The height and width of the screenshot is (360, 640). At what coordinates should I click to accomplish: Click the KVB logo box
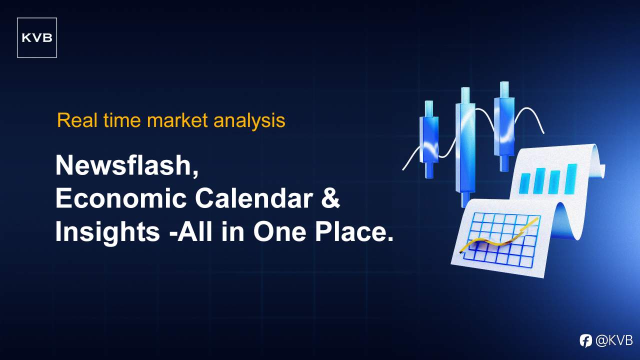[x=37, y=37]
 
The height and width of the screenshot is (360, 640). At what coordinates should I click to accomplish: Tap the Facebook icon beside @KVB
[x=585, y=341]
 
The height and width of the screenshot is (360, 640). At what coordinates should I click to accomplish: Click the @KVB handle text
[x=614, y=340]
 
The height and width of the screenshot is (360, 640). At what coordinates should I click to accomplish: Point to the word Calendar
[x=254, y=198]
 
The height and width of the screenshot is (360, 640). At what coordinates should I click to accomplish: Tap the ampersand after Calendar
[x=330, y=198]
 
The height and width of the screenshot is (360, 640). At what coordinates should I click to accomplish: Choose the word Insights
[x=107, y=231]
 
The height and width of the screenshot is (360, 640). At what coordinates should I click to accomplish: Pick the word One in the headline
[x=279, y=231]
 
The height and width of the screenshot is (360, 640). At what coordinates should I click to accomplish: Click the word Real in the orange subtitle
[x=77, y=120]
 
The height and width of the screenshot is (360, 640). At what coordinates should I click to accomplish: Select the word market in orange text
[x=177, y=120]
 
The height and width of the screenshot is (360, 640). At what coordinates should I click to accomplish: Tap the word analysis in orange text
[x=249, y=121]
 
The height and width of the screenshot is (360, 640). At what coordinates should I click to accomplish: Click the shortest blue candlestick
[x=429, y=139]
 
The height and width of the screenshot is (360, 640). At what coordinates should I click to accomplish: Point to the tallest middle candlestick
[x=465, y=147]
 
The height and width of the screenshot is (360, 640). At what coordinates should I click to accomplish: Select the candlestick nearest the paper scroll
[x=504, y=126]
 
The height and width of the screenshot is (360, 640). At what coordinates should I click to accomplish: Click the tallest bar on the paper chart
[x=571, y=179]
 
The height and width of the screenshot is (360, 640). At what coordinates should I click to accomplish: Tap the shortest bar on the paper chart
[x=524, y=182]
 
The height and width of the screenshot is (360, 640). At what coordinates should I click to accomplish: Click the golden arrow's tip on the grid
[x=537, y=219]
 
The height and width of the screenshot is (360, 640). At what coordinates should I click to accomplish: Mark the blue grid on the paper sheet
[x=501, y=240]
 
